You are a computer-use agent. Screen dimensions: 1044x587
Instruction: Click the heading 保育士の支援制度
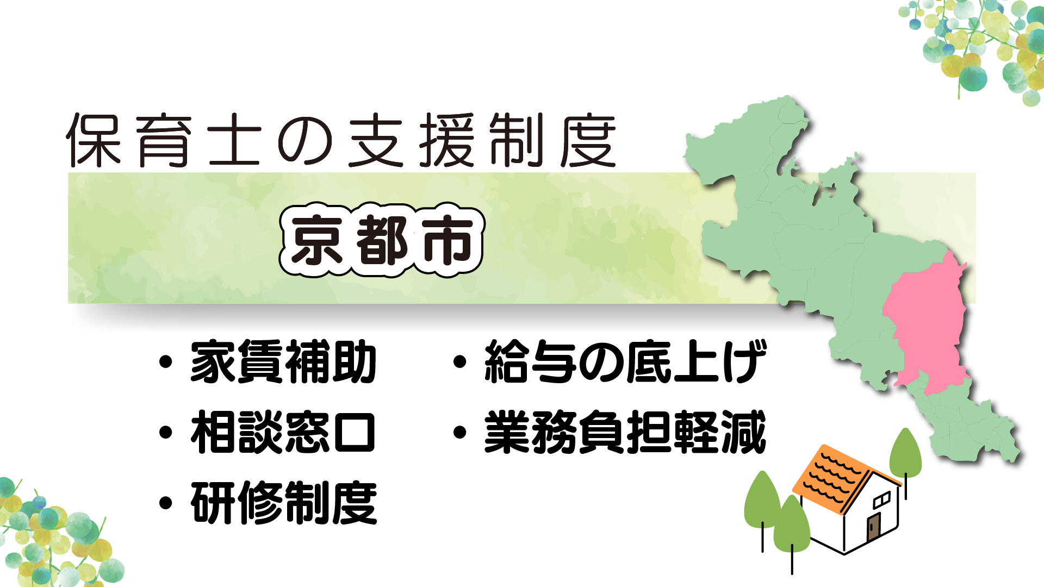[x=341, y=140]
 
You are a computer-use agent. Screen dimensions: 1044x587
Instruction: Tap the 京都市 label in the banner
[x=381, y=240]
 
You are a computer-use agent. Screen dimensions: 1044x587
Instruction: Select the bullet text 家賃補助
[x=283, y=362]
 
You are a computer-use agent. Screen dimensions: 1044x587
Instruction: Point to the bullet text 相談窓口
[x=283, y=432]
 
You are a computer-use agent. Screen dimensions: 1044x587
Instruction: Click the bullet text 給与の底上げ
[x=625, y=361]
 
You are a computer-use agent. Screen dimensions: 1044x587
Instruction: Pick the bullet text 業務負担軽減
[x=625, y=432]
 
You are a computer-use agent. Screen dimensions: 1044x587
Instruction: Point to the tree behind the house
[x=905, y=457]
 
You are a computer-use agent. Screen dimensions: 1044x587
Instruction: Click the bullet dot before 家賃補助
[x=166, y=362]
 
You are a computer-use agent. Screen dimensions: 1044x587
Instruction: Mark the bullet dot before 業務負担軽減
[x=460, y=432]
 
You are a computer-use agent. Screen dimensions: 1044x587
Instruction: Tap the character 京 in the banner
[x=316, y=240]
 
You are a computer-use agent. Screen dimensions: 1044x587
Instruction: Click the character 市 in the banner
[x=448, y=240]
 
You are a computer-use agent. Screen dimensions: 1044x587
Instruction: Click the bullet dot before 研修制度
[x=166, y=503]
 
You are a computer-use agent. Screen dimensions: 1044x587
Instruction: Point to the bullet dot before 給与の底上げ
[x=460, y=361]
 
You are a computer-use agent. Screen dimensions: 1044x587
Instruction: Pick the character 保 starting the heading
[x=93, y=140]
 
